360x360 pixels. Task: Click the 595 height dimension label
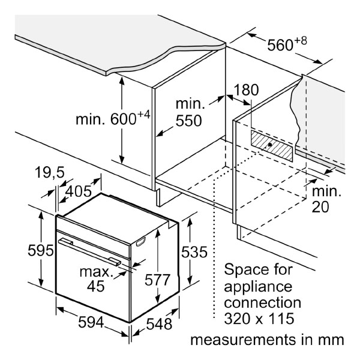(x=41, y=250)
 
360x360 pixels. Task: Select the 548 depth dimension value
(x=159, y=324)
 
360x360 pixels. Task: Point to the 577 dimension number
(x=157, y=280)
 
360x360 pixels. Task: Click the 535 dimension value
(x=194, y=252)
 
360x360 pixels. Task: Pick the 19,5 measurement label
(x=50, y=172)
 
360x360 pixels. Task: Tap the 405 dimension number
(x=78, y=191)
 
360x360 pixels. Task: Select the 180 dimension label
(x=246, y=90)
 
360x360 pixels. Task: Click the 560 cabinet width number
(x=280, y=45)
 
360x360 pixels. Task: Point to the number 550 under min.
(x=189, y=121)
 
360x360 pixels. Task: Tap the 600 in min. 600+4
(x=124, y=119)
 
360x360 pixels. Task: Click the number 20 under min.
(x=320, y=206)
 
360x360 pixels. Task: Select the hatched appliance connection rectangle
(x=272, y=146)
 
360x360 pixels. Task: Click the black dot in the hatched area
(x=270, y=145)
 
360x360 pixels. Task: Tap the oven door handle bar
(x=89, y=253)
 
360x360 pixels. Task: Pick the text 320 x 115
(x=259, y=319)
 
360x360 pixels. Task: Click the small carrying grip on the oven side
(x=141, y=242)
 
